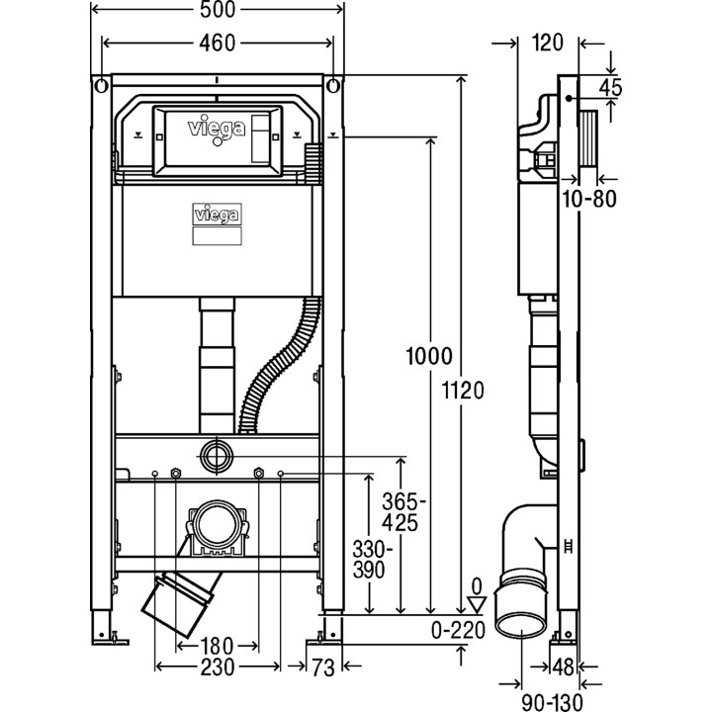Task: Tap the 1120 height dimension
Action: coord(464,390)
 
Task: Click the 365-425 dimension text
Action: coord(400,511)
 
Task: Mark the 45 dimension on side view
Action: coord(610,87)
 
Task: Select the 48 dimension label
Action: coord(563,667)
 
